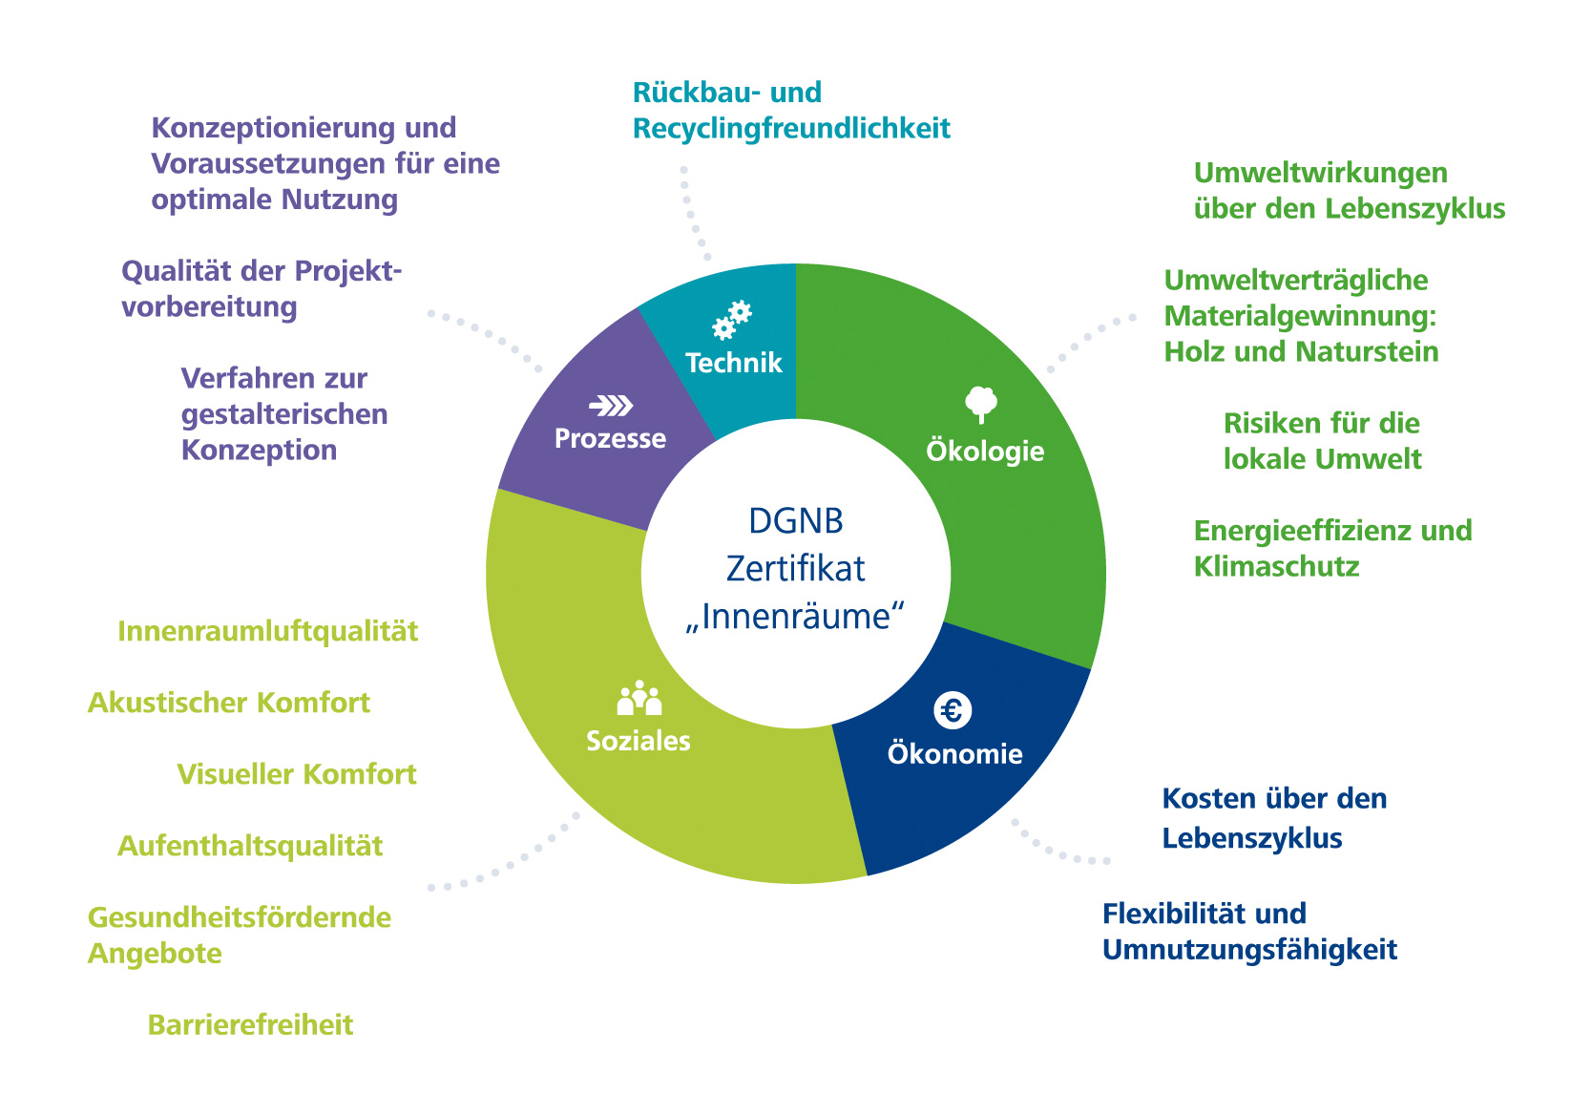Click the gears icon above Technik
[x=732, y=321]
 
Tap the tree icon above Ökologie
[x=980, y=403]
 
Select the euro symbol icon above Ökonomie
[x=952, y=710]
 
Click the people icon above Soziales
[x=639, y=699]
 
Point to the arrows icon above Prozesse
[x=611, y=407]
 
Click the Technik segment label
[x=733, y=363]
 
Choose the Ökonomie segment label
[x=954, y=754]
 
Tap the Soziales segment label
[x=638, y=741]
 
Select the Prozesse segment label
[x=610, y=439]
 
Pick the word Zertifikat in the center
[x=796, y=569]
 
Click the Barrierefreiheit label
[x=250, y=1025]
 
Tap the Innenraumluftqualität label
[x=267, y=632]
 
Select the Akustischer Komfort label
[x=228, y=704]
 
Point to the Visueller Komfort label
[x=297, y=774]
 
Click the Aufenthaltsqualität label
[x=250, y=846]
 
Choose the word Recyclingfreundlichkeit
[x=791, y=129]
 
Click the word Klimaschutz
[x=1276, y=567]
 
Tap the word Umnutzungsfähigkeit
[x=1249, y=951]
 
